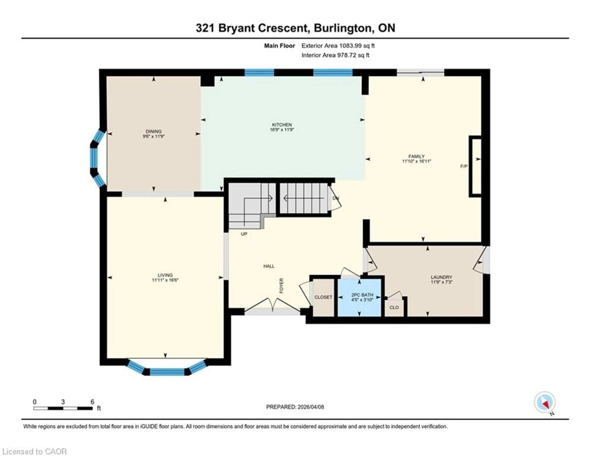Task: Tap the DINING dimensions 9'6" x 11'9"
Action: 153,136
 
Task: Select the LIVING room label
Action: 165,275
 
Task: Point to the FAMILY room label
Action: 416,156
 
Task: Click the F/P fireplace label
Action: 464,166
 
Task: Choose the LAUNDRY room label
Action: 441,277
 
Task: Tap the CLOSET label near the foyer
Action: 323,297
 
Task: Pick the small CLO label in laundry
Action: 394,308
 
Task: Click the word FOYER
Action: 281,286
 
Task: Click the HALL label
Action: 269,266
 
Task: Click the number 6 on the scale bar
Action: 92,402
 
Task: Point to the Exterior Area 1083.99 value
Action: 350,46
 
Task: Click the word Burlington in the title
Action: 342,28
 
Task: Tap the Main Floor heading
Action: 279,46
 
